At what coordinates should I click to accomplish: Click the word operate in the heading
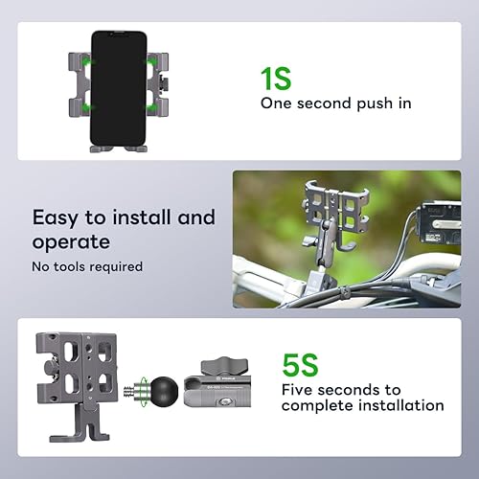(x=73, y=241)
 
